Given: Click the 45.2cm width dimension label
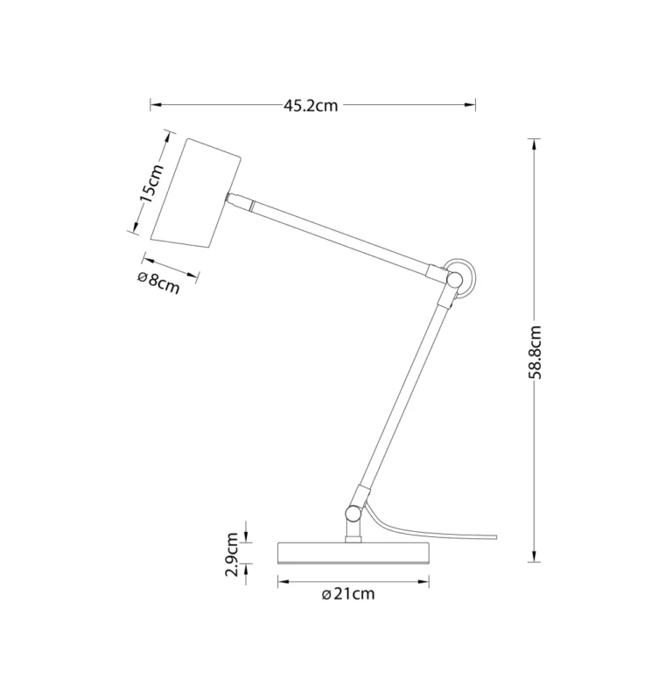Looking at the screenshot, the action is point(311,106).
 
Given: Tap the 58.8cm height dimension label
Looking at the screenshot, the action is point(534,353).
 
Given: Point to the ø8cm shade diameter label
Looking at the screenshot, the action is point(159,283).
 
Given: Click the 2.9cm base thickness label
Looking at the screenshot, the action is point(232,555).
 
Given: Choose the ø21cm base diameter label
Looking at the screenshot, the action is point(348,594).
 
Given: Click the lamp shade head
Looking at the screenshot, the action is point(197,192).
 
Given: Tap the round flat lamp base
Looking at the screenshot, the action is point(353,553).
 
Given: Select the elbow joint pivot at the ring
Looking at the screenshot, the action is point(454,279).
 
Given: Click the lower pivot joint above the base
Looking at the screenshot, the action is point(353,513).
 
